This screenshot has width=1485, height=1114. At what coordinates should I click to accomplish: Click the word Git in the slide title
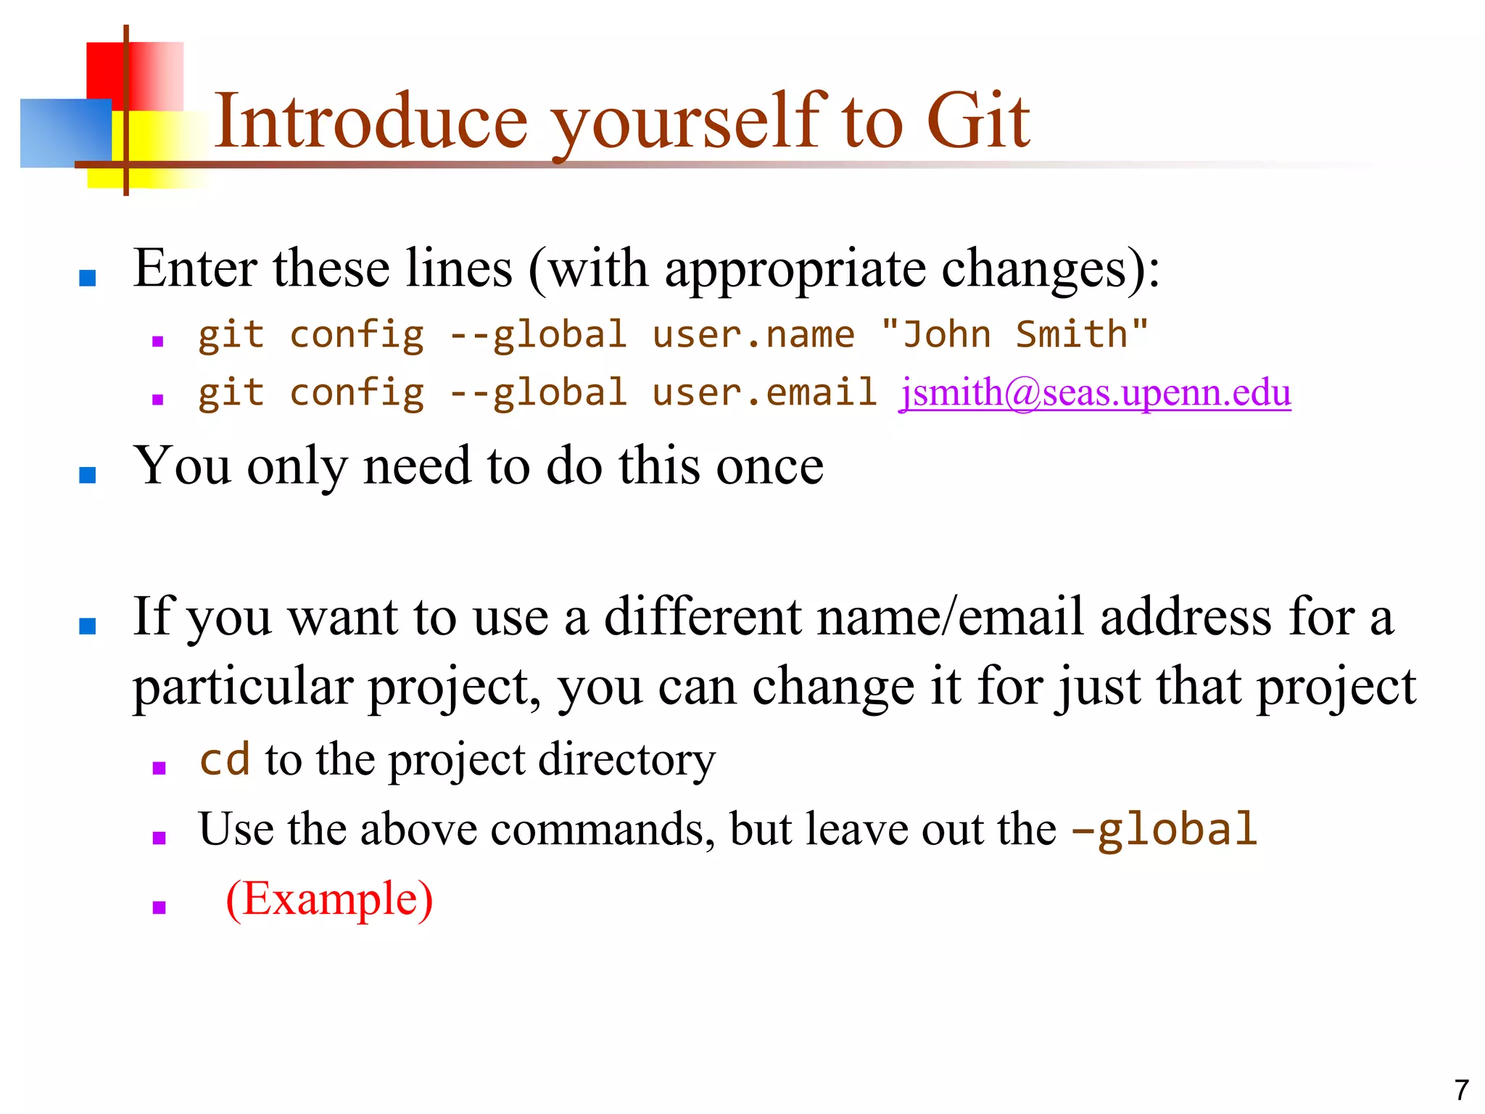click(x=978, y=122)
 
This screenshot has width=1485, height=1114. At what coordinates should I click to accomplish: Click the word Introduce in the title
click(x=371, y=122)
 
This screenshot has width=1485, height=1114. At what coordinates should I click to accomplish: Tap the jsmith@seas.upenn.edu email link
click(x=1095, y=393)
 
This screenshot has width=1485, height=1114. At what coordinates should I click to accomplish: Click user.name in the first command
click(x=753, y=335)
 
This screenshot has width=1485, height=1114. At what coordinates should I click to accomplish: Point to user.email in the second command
click(x=764, y=393)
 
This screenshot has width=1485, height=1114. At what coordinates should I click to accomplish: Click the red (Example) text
click(x=330, y=899)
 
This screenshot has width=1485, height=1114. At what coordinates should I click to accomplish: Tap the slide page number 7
click(x=1461, y=1090)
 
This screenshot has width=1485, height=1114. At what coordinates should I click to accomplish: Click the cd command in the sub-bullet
click(x=225, y=760)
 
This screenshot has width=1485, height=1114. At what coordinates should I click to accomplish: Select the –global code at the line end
click(x=1165, y=830)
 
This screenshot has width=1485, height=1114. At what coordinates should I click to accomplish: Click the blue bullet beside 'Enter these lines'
click(x=88, y=278)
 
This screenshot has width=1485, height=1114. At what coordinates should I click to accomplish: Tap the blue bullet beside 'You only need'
click(x=88, y=475)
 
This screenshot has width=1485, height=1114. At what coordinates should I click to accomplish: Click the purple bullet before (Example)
click(x=160, y=907)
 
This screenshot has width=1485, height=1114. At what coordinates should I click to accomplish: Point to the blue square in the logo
click(x=65, y=133)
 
